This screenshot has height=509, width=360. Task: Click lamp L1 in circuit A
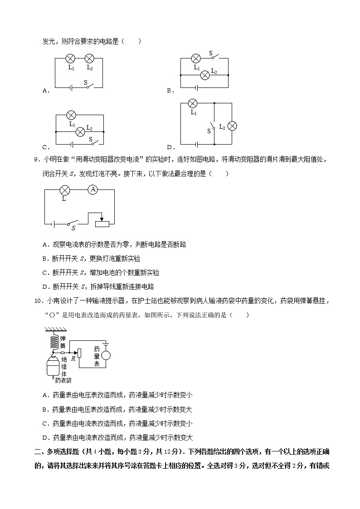(70, 58)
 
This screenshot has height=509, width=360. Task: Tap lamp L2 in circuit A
(89, 58)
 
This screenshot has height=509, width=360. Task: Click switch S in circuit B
(214, 58)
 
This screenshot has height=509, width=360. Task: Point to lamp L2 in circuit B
(205, 75)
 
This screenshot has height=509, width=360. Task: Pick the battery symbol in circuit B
(196, 87)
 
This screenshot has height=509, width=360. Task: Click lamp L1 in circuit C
(71, 115)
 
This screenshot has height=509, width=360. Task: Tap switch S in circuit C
(93, 144)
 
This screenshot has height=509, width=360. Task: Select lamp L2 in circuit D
(232, 126)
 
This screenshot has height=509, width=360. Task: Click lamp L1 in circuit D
(193, 103)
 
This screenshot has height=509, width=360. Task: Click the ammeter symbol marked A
(92, 189)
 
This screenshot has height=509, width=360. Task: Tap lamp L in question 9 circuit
(64, 190)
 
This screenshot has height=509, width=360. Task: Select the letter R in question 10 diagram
(73, 358)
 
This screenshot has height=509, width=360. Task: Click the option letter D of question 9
(45, 286)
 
